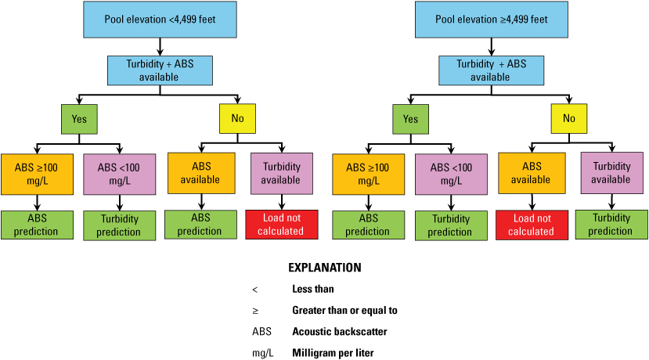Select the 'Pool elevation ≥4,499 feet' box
pos(491,20)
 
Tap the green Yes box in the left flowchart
pos(80,119)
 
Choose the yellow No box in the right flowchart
pos(569,119)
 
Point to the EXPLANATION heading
pos(325,267)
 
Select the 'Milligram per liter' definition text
pos(333,353)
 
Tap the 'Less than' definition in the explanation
pos(314,289)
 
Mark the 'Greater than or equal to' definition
pos(344,311)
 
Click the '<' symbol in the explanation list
pos(255,289)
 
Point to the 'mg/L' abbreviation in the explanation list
pos(263,353)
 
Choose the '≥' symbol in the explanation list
pos(255,311)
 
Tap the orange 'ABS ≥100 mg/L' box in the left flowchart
pos(36,174)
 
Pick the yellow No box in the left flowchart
pos(237,119)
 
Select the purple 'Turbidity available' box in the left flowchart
pos(280,174)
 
